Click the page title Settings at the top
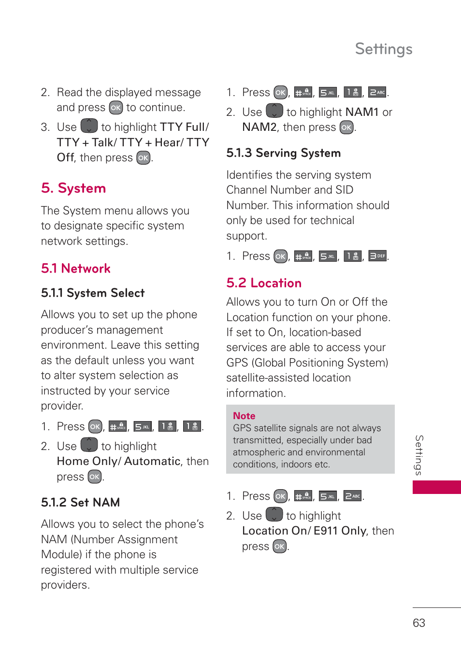click(x=383, y=49)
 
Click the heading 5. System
click(x=73, y=188)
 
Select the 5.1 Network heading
click(x=76, y=268)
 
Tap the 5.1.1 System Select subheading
click(x=93, y=293)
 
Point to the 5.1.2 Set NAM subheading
click(x=80, y=503)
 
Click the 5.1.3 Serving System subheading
click(x=283, y=153)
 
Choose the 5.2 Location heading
click(x=264, y=283)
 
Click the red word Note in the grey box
click(x=244, y=416)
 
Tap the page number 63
click(x=418, y=623)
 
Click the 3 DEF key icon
click(x=377, y=256)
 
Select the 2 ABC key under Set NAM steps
click(x=377, y=92)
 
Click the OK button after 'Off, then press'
click(x=144, y=158)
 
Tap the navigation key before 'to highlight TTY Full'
click(x=89, y=126)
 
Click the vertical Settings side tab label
click(x=419, y=455)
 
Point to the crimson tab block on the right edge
click(x=436, y=487)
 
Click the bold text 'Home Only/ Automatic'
click(x=118, y=462)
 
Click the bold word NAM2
click(x=259, y=127)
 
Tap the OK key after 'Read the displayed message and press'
click(x=115, y=108)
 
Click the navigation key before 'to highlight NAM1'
click(x=274, y=111)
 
